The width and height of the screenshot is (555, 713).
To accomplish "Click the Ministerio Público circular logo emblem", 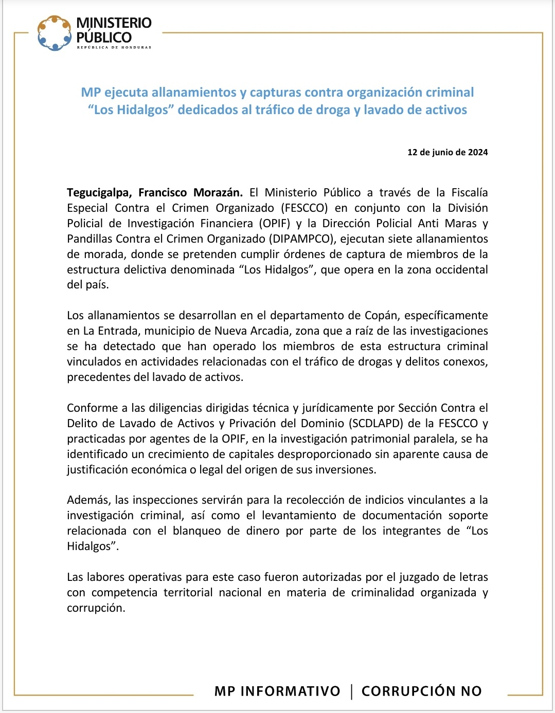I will coord(54,33).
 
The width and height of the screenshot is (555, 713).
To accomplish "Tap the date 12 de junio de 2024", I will coord(447,152).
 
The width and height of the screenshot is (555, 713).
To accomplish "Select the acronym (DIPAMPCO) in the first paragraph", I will coord(301,239).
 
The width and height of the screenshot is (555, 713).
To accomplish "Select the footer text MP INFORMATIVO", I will coord(277,691).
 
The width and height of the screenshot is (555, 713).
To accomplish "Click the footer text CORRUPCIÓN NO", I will coord(421,691).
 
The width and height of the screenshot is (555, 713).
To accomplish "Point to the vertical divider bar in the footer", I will coord(351,691).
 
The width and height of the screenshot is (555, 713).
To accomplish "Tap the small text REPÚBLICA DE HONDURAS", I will coord(114,47).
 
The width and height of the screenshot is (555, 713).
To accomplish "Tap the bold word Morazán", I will coord(218,193).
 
